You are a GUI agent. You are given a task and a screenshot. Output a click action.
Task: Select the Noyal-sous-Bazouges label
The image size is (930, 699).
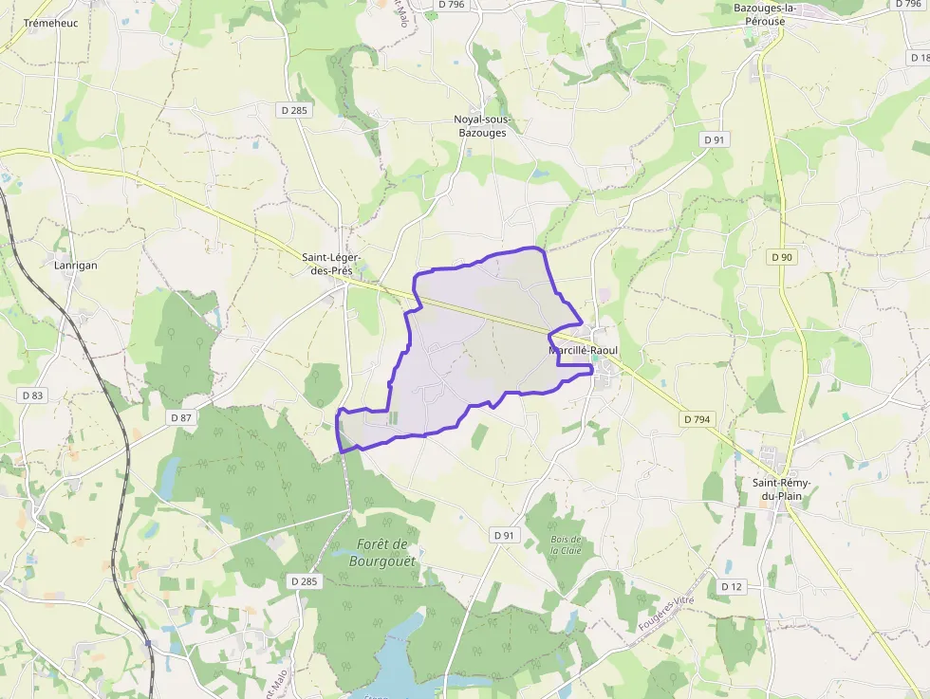[x=481, y=126]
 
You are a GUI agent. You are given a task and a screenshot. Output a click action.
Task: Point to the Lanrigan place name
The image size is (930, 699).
[x=75, y=266]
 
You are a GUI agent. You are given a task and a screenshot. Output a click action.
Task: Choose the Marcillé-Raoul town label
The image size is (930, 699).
[x=583, y=350]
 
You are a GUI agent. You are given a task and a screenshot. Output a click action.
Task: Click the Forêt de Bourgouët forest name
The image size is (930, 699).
[x=383, y=552]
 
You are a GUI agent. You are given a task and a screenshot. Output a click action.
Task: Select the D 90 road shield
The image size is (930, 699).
[x=781, y=257]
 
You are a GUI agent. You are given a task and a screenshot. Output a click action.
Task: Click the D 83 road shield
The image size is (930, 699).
[x=31, y=395]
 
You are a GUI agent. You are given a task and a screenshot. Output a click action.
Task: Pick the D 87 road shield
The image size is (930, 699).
[x=180, y=417]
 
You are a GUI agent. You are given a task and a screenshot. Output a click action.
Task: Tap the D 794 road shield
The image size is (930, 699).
[x=695, y=418]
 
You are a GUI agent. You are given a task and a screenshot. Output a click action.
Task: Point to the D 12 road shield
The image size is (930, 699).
[x=730, y=586]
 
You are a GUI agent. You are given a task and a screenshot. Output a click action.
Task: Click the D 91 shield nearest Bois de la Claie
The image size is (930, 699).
[x=503, y=535]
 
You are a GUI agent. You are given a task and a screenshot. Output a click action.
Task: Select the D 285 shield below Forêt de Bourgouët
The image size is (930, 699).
[x=304, y=580]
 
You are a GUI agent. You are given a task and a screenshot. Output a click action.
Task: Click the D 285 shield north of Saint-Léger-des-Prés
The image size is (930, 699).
[x=294, y=110]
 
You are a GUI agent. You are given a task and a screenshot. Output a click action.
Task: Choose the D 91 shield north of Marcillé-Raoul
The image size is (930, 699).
[x=714, y=139]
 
